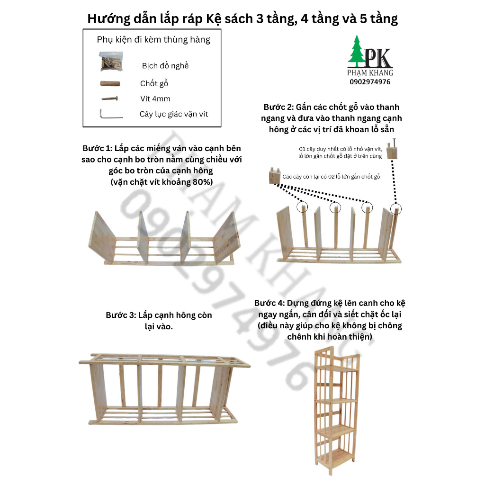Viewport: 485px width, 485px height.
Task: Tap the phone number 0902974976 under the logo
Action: (371, 81)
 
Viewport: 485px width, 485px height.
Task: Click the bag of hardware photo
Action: (111, 61)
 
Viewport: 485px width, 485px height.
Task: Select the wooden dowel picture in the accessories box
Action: (110, 84)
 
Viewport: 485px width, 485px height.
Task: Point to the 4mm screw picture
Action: (109, 99)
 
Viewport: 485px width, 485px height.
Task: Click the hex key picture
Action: (111, 115)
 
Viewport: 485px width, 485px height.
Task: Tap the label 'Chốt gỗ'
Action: (154, 84)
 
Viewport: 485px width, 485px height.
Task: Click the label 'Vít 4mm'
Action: (155, 99)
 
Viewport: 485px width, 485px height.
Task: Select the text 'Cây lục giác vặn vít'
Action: (174, 114)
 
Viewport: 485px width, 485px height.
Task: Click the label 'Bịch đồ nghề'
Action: (165, 66)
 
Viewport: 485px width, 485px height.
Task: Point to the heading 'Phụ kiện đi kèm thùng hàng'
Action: (153, 40)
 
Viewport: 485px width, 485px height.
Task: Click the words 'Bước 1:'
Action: (99, 148)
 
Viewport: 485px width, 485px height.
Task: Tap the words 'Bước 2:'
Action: (279, 107)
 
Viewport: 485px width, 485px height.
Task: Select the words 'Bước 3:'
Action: (121, 315)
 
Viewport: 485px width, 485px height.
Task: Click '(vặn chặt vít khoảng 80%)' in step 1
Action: (161, 182)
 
